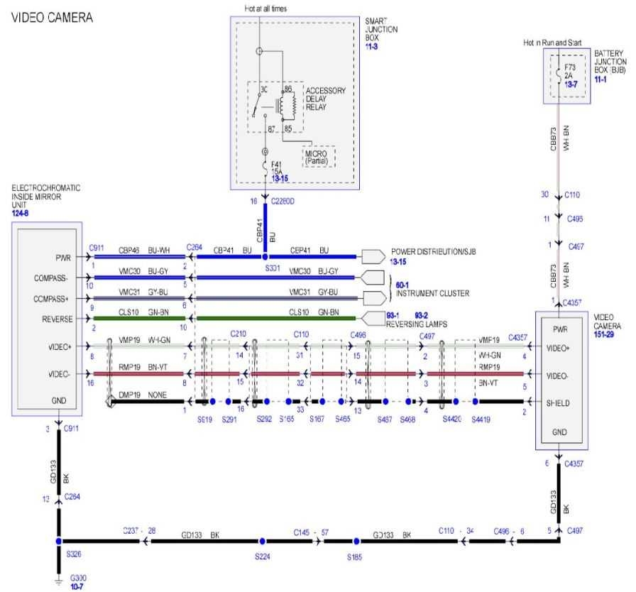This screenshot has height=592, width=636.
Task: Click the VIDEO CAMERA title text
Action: tap(52, 17)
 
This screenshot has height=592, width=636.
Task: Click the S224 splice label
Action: tap(263, 556)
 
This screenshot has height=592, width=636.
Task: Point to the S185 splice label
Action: tap(355, 557)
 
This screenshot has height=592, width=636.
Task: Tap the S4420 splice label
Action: tap(451, 420)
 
